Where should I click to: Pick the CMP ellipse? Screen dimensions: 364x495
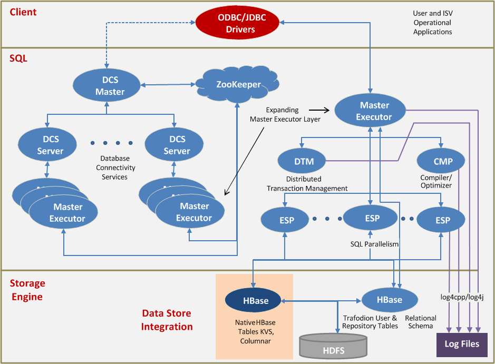[441, 162]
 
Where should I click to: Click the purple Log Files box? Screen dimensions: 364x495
[462, 344]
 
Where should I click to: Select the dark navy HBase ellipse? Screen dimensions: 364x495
[256, 301]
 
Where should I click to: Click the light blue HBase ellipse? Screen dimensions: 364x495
[389, 300]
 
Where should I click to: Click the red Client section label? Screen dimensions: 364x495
[23, 12]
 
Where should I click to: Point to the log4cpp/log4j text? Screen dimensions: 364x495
[462, 297]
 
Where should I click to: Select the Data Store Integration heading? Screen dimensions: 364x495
[167, 320]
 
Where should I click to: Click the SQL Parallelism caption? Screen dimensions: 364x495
[374, 244]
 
